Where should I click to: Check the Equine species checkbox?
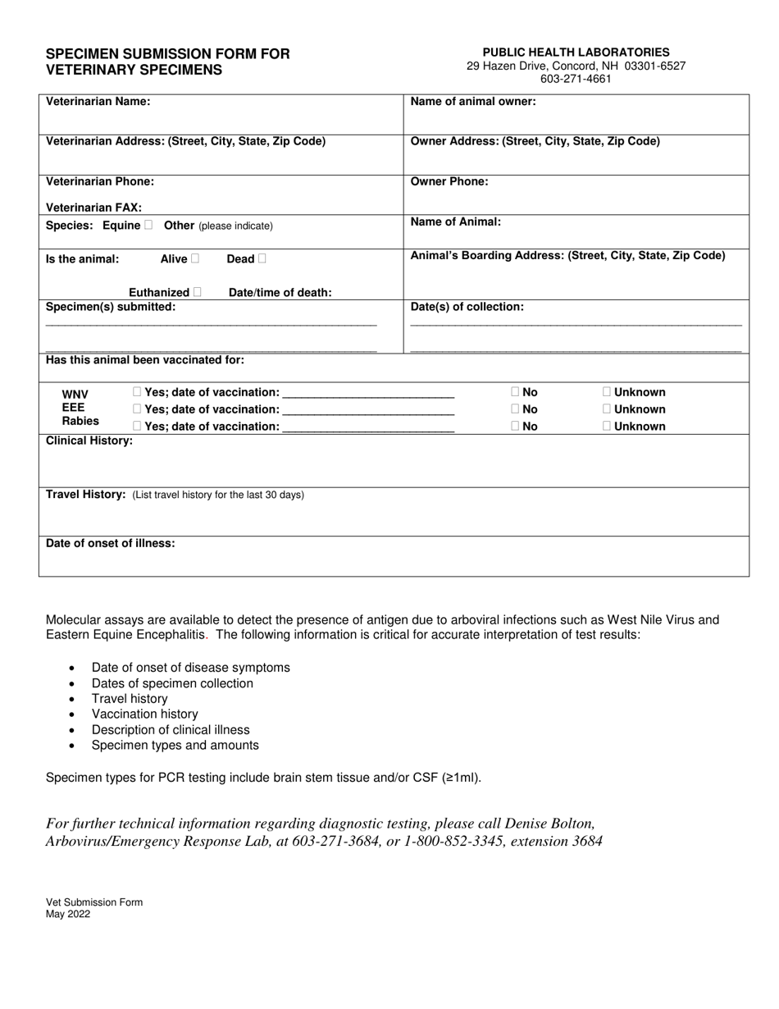click(148, 225)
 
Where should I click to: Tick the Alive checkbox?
click(195, 258)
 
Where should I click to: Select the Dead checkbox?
click(262, 258)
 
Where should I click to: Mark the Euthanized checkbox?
click(198, 292)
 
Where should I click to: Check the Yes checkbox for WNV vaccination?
click(136, 392)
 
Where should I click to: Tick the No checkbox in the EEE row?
click(514, 409)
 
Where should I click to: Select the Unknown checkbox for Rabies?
click(607, 426)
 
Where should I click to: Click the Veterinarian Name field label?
click(98, 102)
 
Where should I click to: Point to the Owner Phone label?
click(449, 181)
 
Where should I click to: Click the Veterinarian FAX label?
click(93, 208)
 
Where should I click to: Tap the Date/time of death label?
click(280, 293)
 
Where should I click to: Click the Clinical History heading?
click(89, 441)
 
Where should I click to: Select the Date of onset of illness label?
click(110, 543)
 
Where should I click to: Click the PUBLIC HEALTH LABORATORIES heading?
click(576, 52)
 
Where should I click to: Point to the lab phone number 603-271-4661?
click(576, 79)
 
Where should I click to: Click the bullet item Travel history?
click(130, 699)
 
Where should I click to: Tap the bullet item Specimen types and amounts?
click(175, 745)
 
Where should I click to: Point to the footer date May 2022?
click(68, 914)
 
